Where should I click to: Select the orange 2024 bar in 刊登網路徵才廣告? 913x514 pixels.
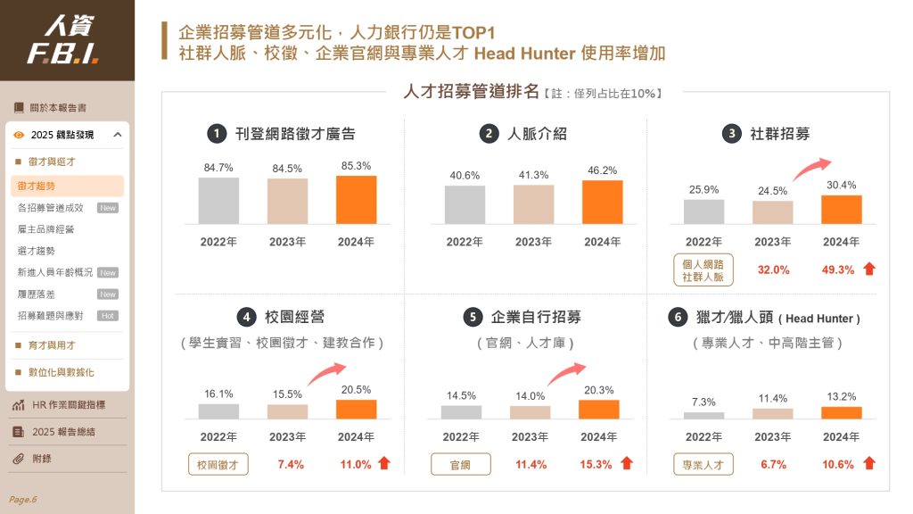click(x=356, y=199)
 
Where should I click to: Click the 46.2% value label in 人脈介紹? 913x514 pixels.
click(x=602, y=170)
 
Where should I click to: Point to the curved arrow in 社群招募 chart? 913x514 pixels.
click(x=810, y=167)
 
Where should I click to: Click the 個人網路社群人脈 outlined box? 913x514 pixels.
click(x=703, y=270)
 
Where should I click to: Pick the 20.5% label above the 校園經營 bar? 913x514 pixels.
click(x=356, y=389)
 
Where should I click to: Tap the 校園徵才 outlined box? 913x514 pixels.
click(x=218, y=464)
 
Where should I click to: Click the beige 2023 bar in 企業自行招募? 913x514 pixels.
click(x=530, y=411)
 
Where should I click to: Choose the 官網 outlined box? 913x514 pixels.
click(x=461, y=464)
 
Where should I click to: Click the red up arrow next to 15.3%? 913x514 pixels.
click(x=627, y=463)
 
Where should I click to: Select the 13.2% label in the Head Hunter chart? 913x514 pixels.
click(x=841, y=396)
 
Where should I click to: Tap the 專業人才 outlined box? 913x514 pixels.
click(x=703, y=464)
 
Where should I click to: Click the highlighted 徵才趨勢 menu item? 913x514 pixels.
click(x=67, y=186)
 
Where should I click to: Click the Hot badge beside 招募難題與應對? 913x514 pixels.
click(x=107, y=316)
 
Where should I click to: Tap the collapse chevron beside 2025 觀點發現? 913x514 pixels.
click(x=118, y=135)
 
